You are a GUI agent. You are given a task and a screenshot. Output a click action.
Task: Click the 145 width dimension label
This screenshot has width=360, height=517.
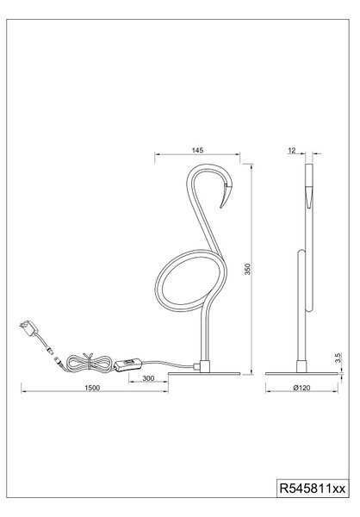tap(197, 150)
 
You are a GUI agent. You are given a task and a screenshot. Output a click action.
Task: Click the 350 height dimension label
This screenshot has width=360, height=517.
tap(248, 269)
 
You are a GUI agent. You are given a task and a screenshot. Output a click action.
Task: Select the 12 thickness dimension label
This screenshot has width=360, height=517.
tap(292, 150)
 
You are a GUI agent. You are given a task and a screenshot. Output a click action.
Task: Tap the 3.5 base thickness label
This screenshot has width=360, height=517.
tap(338, 358)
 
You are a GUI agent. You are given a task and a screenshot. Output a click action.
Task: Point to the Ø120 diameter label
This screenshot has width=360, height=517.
tap(301, 388)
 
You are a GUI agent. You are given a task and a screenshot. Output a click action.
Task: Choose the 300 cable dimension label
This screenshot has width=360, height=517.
tap(148, 378)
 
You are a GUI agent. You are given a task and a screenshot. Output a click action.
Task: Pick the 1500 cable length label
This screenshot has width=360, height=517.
tap(92, 388)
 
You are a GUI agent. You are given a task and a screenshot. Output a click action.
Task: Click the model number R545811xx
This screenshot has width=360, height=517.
tap(313, 488)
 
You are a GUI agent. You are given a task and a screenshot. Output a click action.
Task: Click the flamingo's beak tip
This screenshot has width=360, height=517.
tap(220, 208)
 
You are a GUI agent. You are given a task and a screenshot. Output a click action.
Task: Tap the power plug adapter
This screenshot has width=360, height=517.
tap(28, 327)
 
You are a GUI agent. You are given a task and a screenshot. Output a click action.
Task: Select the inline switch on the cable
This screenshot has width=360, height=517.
tap(128, 364)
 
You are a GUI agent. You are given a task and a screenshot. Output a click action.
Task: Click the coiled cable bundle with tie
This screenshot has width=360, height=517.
tap(89, 363)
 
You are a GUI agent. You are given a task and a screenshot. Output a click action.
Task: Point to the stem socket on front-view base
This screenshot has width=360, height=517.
tap(205, 366)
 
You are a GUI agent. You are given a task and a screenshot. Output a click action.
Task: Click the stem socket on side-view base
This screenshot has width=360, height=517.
tap(301, 366)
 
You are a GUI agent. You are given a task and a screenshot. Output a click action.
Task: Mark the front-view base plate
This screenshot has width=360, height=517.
tap(204, 374)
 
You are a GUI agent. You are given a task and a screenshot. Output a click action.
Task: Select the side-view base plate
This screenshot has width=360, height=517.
tap(301, 374)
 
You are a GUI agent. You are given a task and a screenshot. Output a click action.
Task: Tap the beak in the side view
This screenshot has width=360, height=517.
tap(309, 197)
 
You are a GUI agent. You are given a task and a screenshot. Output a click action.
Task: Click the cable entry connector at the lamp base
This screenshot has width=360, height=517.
tap(197, 365)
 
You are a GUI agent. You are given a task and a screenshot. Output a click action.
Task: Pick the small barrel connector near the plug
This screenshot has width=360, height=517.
tap(49, 350)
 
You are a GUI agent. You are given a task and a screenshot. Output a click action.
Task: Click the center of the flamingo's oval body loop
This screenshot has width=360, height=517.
tap(190, 279)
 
